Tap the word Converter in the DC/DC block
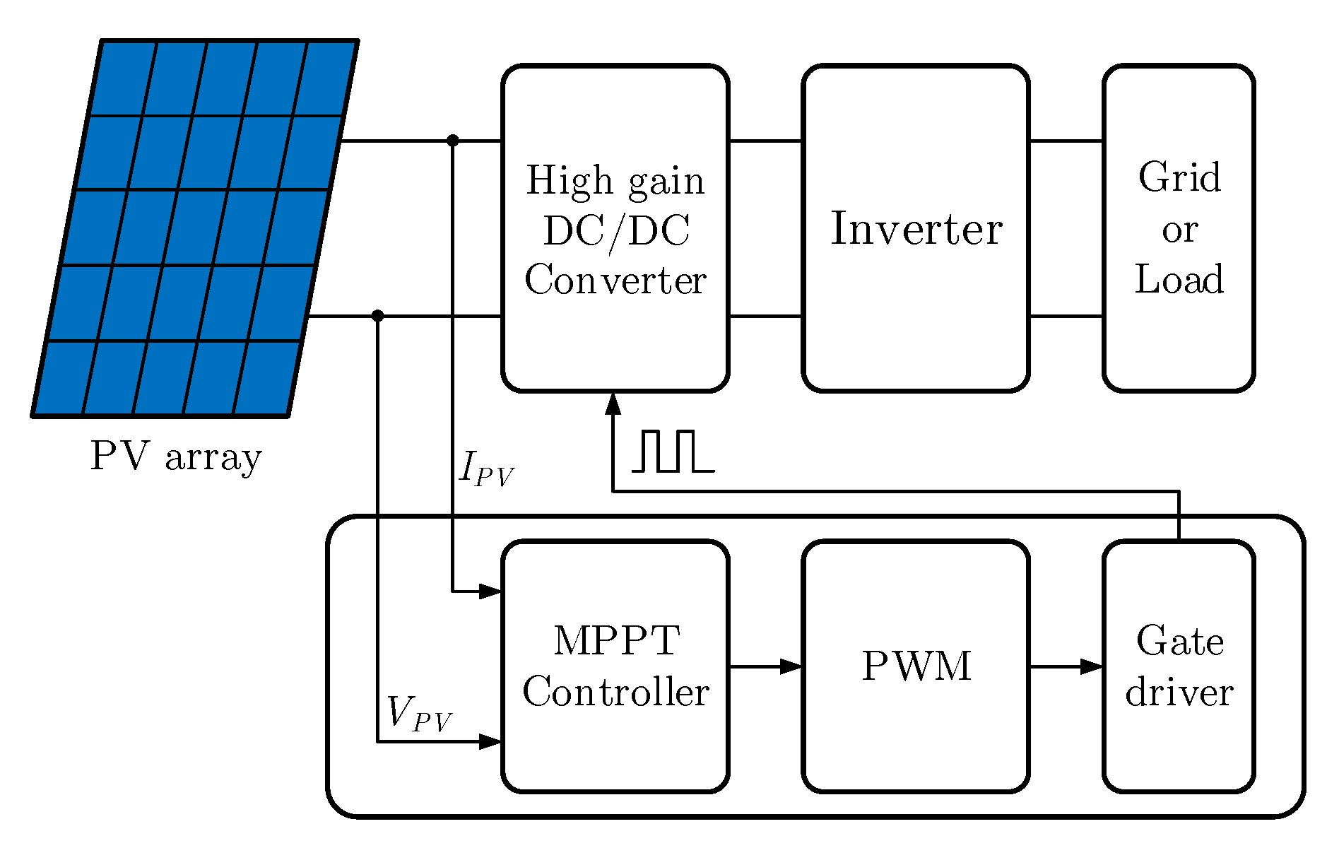click(615, 280)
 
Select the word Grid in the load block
click(1179, 177)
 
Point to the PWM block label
click(916, 666)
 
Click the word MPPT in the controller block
click(616, 640)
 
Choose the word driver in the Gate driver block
click(1179, 692)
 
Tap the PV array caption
click(176, 457)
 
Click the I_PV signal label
click(486, 469)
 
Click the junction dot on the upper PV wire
click(453, 141)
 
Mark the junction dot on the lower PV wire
click(378, 315)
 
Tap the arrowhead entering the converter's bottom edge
click(613, 404)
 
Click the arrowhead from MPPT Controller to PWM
click(791, 666)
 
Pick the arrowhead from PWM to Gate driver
click(1092, 666)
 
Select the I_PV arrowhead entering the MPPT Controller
click(490, 591)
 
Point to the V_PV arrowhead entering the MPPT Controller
click(490, 741)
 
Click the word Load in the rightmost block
click(1179, 279)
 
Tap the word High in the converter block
click(569, 180)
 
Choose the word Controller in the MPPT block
click(615, 692)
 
